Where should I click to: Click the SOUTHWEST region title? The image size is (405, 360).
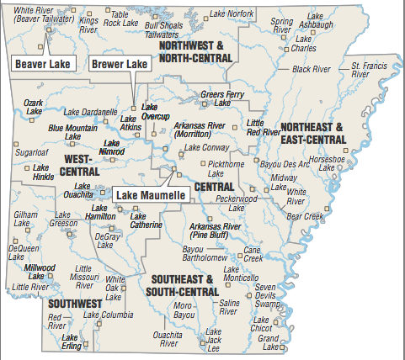click(75, 303)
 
